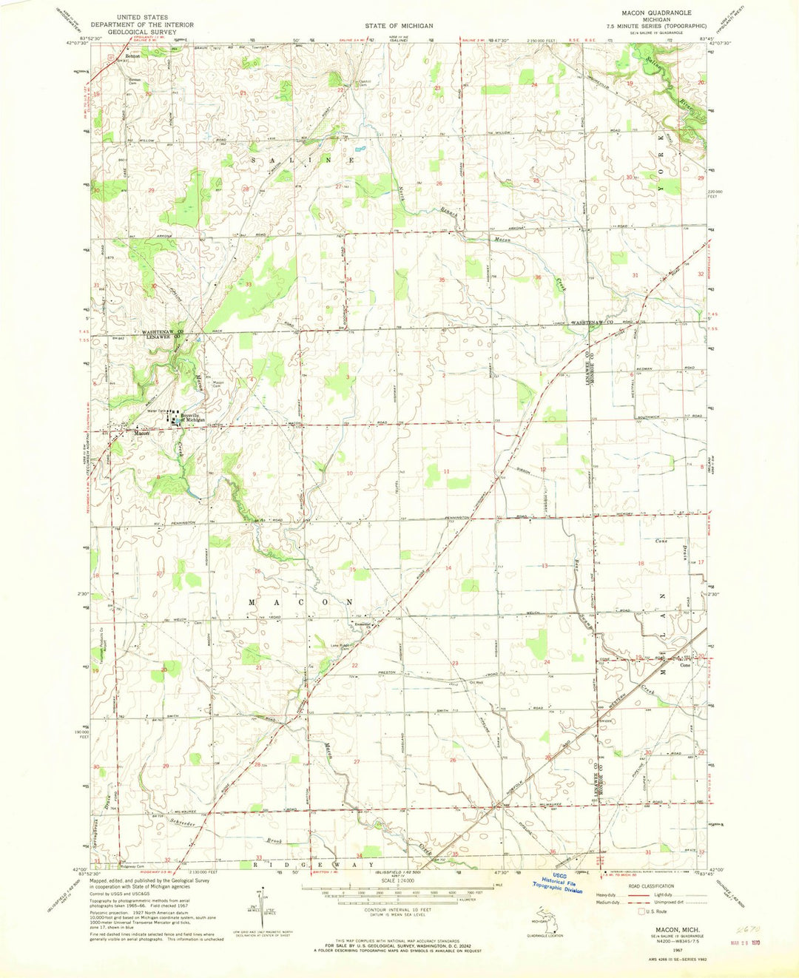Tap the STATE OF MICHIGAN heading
click(x=399, y=24)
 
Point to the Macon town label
click(x=142, y=434)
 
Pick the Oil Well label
click(x=476, y=683)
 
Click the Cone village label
click(x=685, y=665)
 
